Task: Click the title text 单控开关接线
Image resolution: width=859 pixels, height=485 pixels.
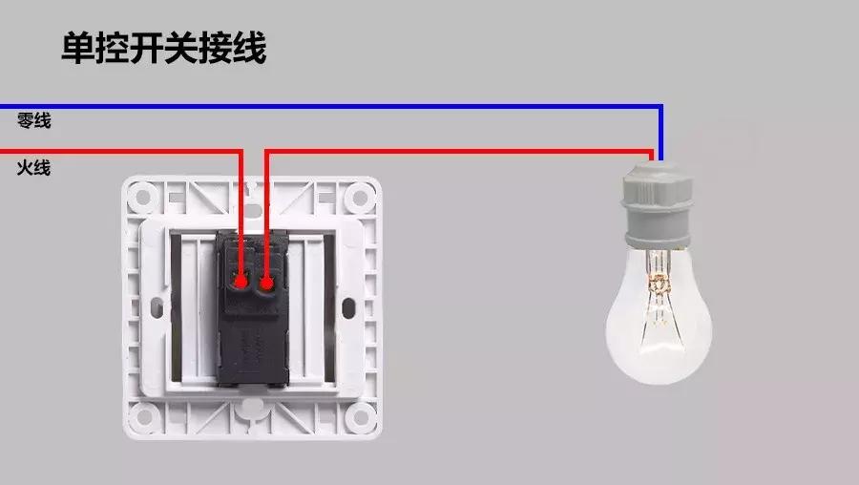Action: (x=163, y=48)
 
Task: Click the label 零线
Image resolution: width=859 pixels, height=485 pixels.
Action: (x=33, y=121)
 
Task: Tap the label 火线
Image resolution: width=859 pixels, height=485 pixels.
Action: (x=33, y=168)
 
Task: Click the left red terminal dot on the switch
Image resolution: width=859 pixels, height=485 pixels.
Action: (x=241, y=283)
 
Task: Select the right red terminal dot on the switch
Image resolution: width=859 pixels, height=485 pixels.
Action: (x=266, y=283)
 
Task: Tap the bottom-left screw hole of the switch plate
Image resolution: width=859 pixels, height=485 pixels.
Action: (x=143, y=415)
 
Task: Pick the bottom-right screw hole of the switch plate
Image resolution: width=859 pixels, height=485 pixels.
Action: (x=359, y=415)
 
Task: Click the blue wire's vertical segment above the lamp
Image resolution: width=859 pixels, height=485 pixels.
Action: (x=660, y=134)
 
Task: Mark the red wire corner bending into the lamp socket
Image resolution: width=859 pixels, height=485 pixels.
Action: (x=652, y=151)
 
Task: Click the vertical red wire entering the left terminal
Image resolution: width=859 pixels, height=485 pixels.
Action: (x=241, y=215)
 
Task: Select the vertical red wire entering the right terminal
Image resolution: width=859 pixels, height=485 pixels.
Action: (x=265, y=215)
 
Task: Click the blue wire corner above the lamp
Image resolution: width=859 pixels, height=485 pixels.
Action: (x=660, y=107)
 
